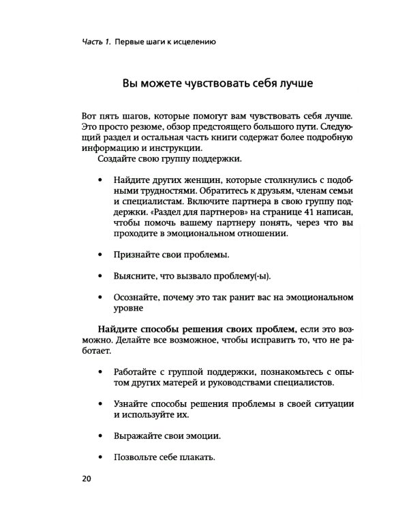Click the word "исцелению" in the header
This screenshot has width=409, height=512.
193,42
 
